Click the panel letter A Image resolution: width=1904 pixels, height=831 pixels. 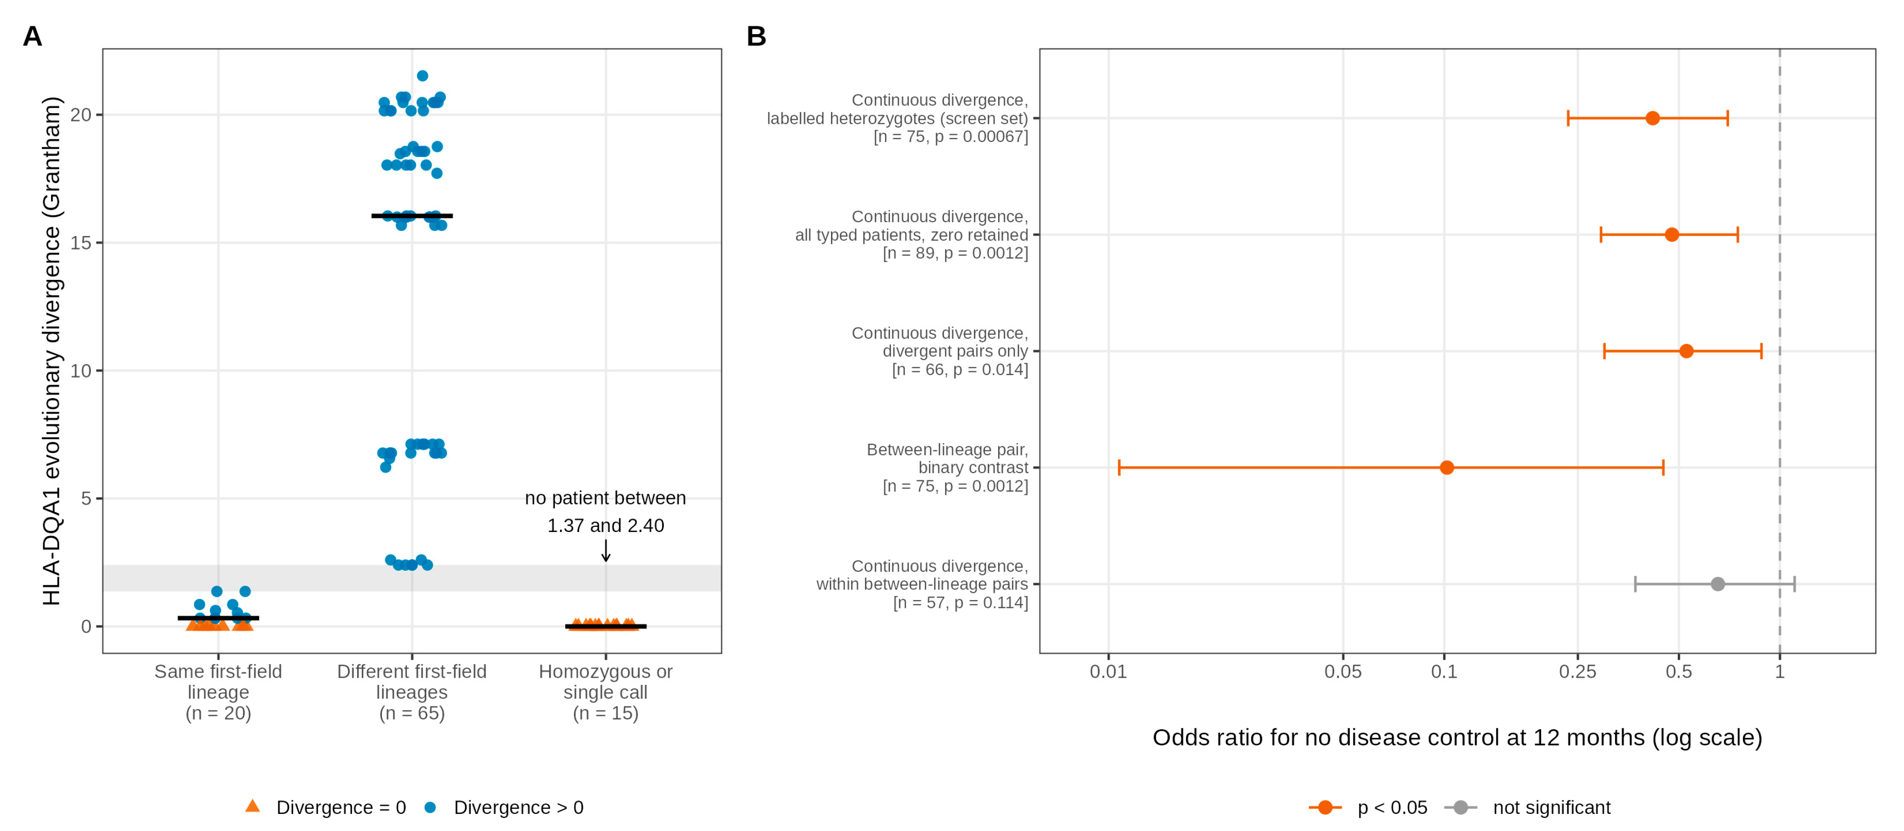[x=33, y=36]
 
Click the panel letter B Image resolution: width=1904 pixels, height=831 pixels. [x=756, y=36]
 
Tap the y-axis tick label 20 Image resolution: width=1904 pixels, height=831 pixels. [x=81, y=115]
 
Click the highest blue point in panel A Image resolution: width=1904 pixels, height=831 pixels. [x=422, y=76]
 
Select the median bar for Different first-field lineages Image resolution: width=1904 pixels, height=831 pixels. [x=412, y=216]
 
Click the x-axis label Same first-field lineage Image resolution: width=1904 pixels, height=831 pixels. [x=218, y=682]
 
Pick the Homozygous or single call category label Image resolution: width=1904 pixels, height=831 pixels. [x=605, y=682]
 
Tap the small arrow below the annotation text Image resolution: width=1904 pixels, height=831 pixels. [x=605, y=550]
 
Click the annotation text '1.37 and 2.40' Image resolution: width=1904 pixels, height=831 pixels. [x=605, y=526]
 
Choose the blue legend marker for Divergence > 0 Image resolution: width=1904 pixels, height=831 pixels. [x=430, y=807]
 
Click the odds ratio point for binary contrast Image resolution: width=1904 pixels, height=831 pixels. [x=1447, y=467]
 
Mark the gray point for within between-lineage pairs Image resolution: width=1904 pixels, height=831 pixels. [x=1718, y=584]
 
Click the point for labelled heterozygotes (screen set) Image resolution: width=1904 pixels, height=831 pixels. [x=1653, y=118]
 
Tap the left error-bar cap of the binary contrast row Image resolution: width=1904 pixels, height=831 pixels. [x=1119, y=467]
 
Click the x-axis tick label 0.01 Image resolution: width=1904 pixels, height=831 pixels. [x=1108, y=671]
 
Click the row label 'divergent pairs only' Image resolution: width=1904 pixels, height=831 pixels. [x=955, y=351]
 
